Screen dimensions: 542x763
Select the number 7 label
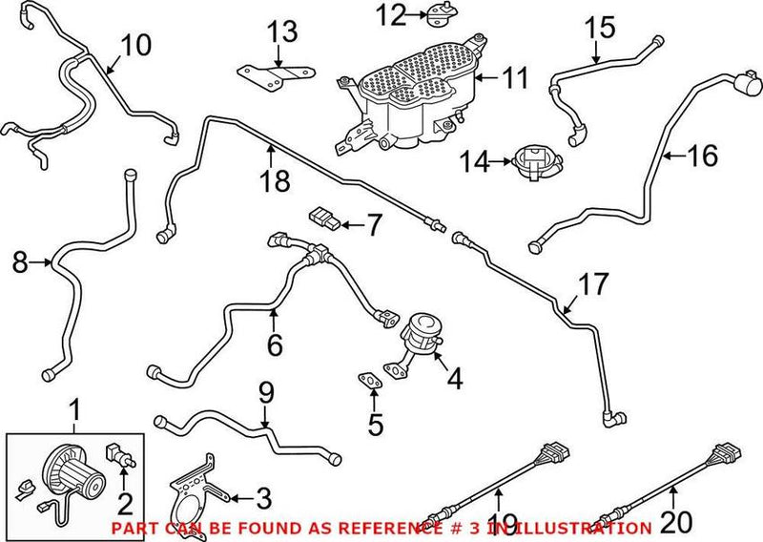pos(371,226)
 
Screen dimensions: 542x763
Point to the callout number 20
pos(675,523)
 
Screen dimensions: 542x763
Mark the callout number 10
pos(136,45)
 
